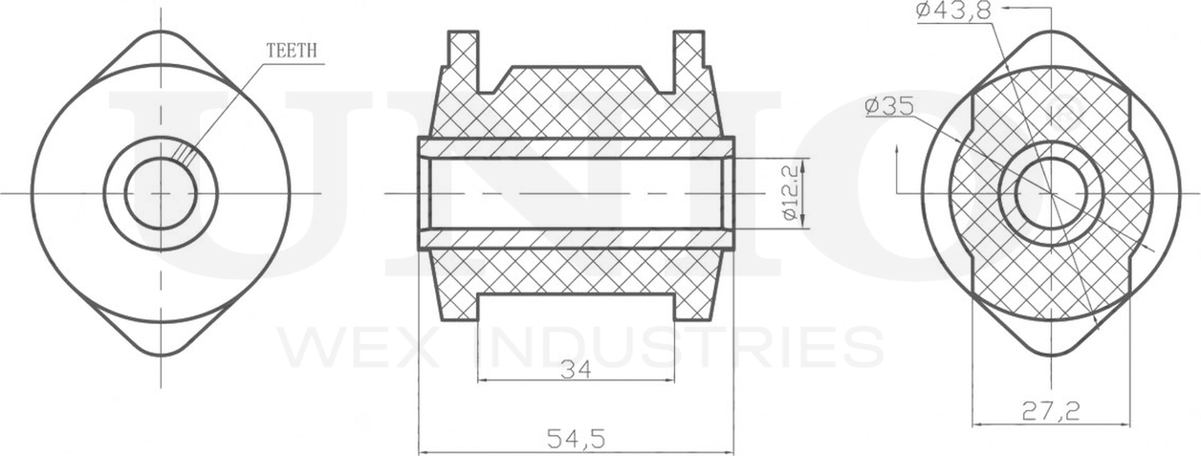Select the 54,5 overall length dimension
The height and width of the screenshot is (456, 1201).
point(576,439)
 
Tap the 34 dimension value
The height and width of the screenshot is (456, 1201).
point(576,367)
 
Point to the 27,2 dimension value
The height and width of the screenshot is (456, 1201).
point(1051,411)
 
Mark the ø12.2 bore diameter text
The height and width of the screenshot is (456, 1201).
point(790,193)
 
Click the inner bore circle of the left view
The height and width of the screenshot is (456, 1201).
point(161,194)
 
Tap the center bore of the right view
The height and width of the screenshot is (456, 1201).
point(1051,194)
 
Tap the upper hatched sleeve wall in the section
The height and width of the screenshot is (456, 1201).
point(576,148)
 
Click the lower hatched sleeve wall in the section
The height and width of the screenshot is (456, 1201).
point(576,239)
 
